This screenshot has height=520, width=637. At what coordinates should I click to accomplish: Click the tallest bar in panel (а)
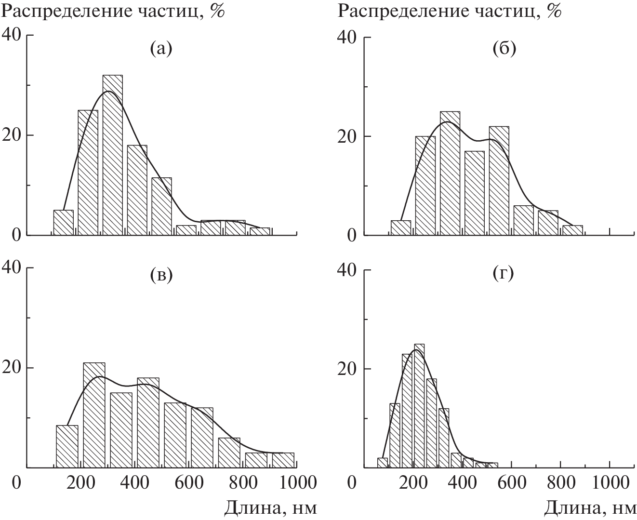[x=112, y=154]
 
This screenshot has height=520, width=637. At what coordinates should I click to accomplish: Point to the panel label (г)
[x=504, y=274]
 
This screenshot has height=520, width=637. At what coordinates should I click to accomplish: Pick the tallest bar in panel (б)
[x=450, y=173]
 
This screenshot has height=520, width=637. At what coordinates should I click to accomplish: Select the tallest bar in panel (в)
[x=94, y=414]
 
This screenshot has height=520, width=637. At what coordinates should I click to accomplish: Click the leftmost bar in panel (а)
[x=63, y=223]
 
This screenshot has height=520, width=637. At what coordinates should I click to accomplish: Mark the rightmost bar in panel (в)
[x=283, y=460]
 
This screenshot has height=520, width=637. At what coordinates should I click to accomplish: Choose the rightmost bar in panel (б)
[x=572, y=230]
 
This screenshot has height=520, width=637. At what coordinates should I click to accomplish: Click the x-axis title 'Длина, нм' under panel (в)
[x=271, y=507]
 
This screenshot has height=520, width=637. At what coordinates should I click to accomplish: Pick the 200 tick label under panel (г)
[x=413, y=482]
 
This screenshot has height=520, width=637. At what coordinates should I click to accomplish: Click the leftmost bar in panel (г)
[x=383, y=463]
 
